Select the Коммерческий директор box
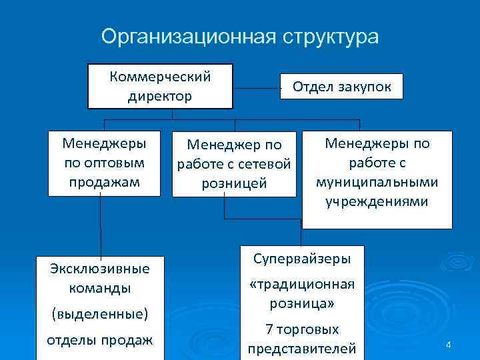click(160, 86)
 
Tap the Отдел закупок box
click(341, 86)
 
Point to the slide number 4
click(449, 345)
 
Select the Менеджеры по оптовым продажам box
click(104, 163)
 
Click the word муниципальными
click(377, 182)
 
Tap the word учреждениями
click(377, 201)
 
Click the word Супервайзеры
click(301, 258)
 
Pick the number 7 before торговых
click(269, 329)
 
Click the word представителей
click(301, 349)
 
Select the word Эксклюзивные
click(99, 269)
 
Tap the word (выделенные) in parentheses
click(99, 312)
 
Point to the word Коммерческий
click(160, 76)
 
